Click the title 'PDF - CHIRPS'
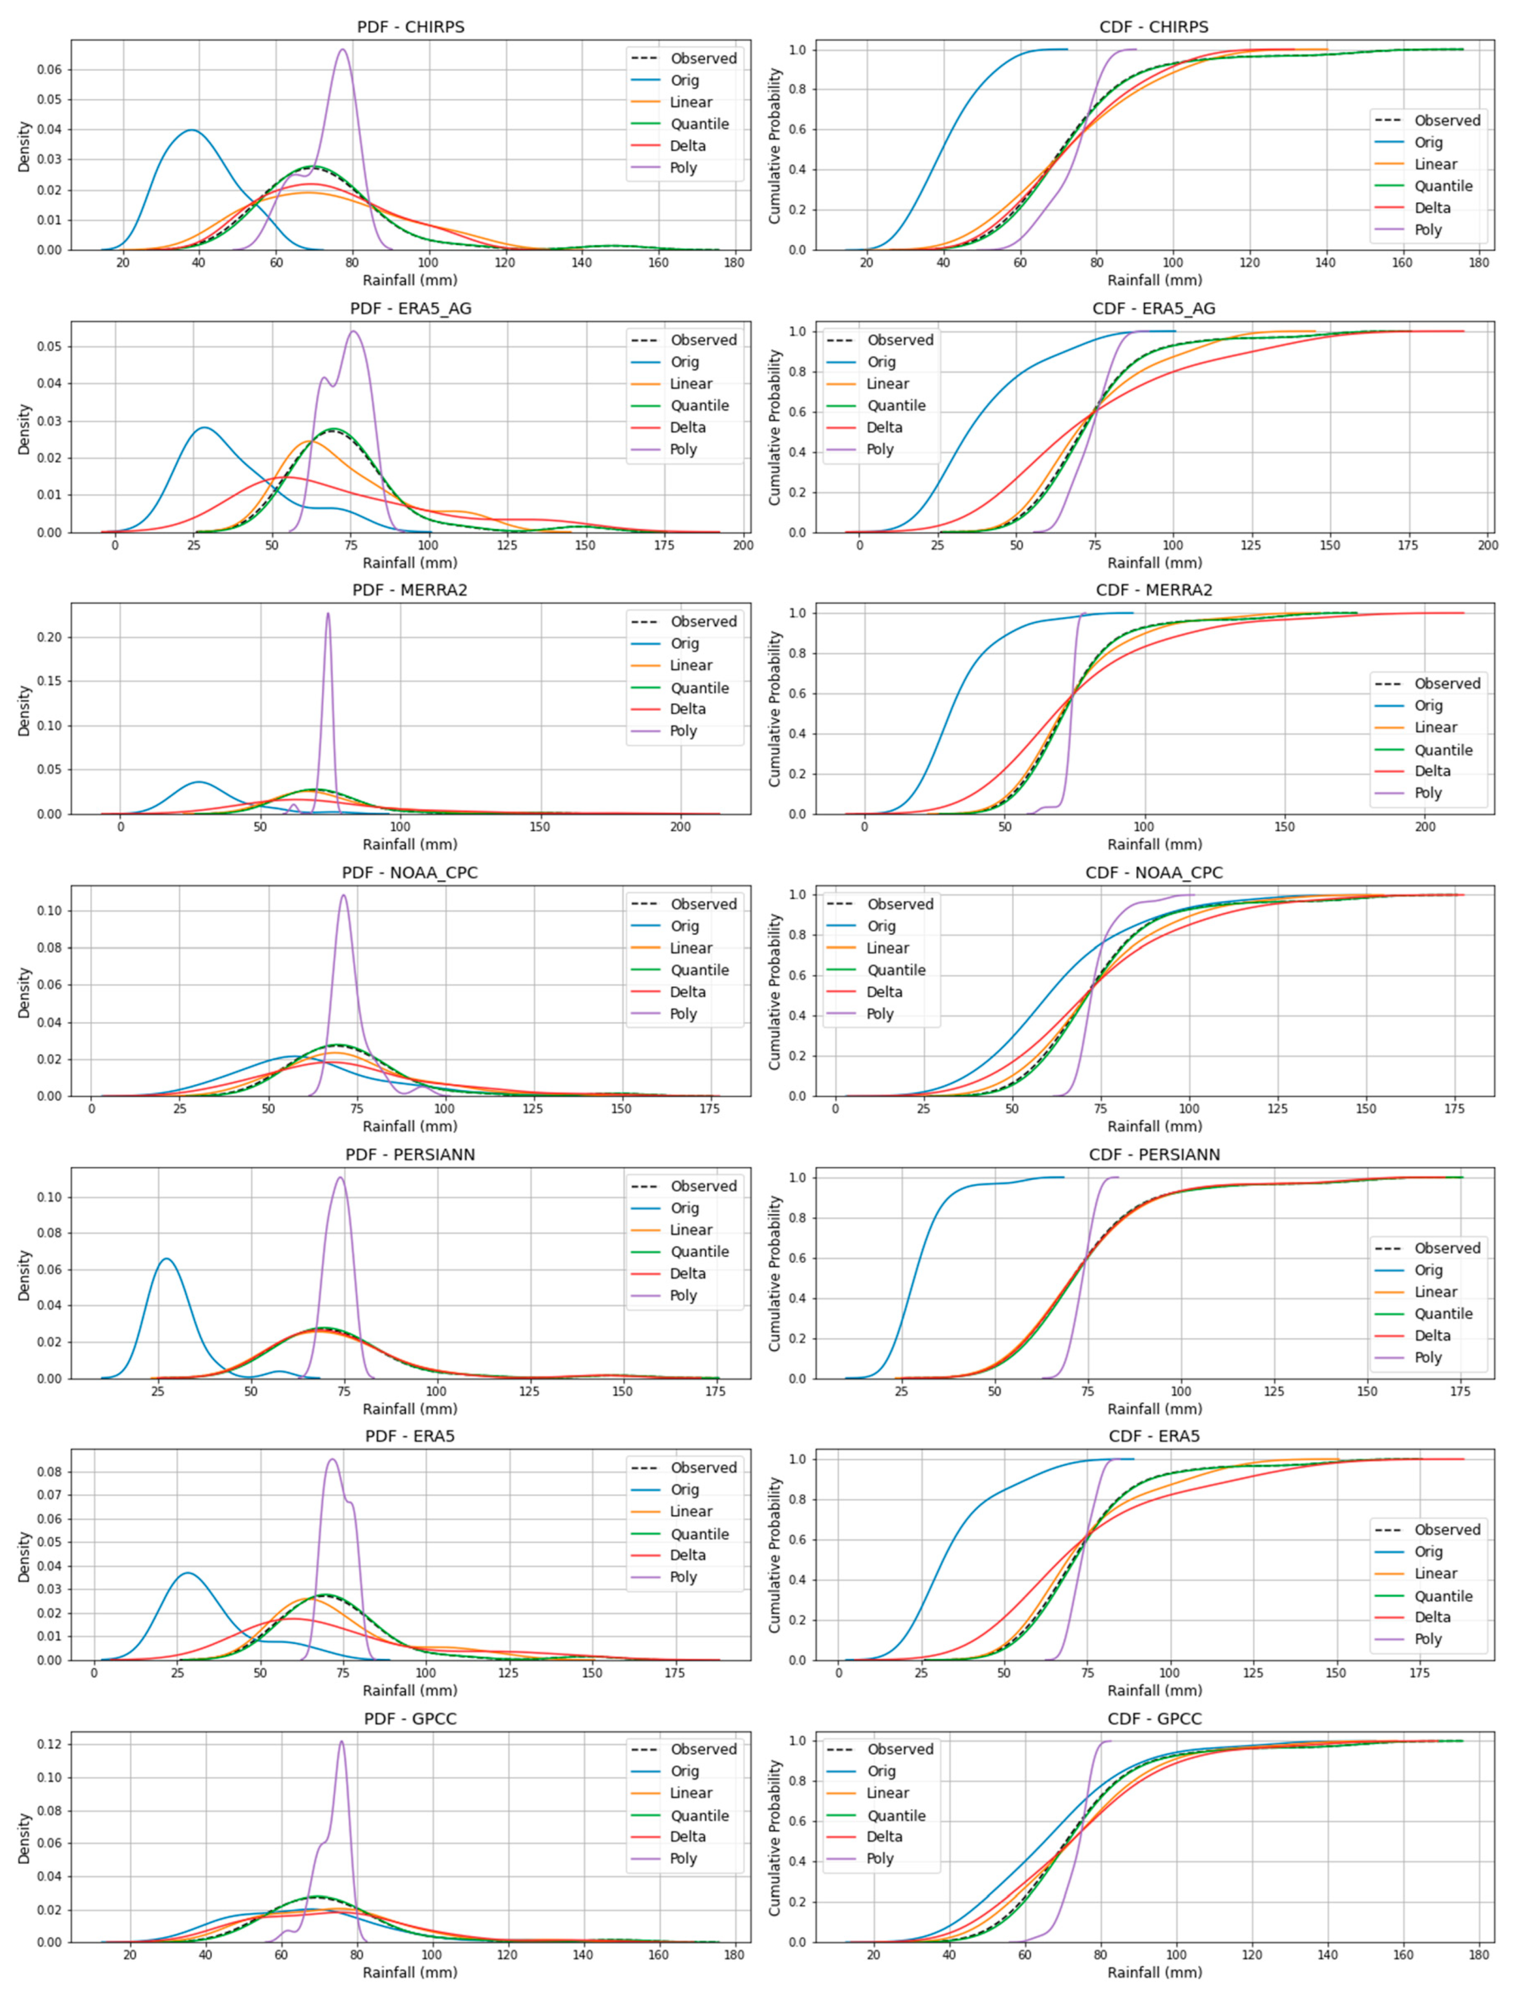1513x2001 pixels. tap(410, 26)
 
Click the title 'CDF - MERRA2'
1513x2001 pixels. tap(1154, 590)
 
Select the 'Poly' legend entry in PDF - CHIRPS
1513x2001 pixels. tap(683, 167)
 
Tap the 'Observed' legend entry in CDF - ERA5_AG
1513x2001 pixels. tap(900, 340)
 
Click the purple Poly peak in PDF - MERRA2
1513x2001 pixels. tap(327, 614)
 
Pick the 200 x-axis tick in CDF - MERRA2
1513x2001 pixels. tap(1425, 827)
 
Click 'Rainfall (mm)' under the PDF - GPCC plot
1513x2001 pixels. tap(410, 1972)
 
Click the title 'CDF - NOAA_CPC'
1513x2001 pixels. tap(1154, 872)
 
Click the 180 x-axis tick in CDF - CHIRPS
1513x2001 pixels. tap(1478, 263)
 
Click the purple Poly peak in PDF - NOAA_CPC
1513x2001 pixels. tap(343, 896)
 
